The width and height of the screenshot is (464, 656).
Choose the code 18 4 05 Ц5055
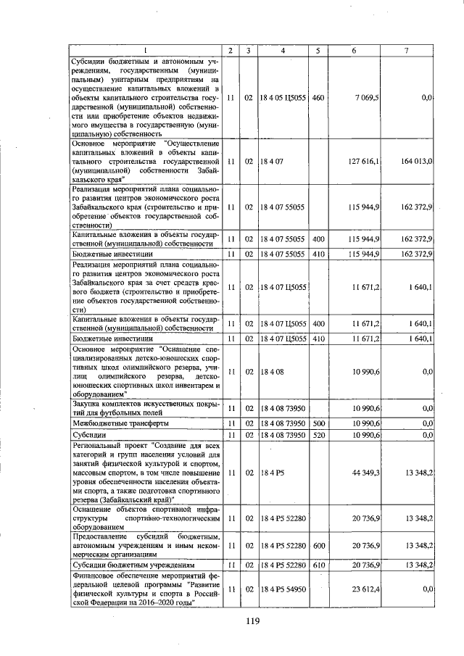point(283,97)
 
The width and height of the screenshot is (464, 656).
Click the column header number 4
point(283,50)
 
